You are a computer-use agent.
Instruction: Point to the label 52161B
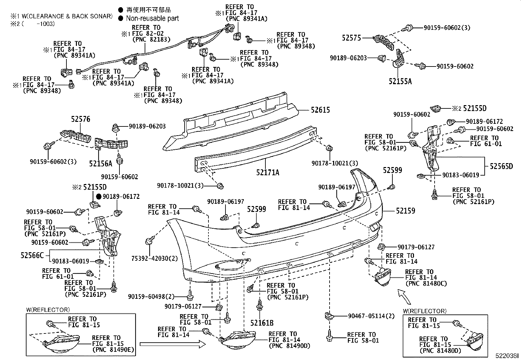pos(262,323)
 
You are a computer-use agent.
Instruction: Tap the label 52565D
pos(501,166)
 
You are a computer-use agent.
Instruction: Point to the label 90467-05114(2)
pos(371,316)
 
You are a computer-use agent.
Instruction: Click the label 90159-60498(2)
pos(151,296)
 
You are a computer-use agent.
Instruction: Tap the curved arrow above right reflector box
pos(404,295)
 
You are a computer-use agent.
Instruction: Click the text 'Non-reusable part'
pos(152,19)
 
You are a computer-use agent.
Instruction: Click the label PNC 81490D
pos(289,346)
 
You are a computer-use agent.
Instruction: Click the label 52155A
pos(400,81)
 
